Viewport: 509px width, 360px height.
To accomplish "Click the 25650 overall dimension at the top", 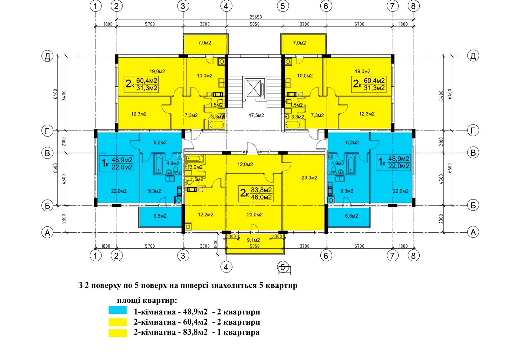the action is point(256,17).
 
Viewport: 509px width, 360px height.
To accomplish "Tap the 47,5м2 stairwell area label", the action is point(256,115).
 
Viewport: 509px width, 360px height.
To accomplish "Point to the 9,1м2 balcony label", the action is point(253,240).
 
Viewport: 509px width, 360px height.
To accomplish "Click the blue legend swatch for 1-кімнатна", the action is point(117,310).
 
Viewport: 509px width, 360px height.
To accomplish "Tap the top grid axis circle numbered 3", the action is point(183,6).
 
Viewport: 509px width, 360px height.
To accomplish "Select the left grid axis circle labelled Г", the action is point(47,131).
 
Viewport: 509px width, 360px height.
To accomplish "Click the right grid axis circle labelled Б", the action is point(473,205).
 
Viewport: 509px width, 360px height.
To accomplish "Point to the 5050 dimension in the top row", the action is point(254,24).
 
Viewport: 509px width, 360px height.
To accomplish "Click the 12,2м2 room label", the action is point(206,215).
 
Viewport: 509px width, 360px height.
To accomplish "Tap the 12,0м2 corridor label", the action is point(245,164).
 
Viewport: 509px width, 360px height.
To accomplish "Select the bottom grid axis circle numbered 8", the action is point(413,256).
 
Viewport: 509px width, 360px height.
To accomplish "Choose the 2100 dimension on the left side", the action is point(64,142).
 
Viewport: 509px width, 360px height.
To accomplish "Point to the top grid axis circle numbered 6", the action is point(326,6).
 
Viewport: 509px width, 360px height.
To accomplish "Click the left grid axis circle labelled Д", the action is point(47,56).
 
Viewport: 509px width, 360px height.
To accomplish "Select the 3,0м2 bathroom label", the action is point(196,167).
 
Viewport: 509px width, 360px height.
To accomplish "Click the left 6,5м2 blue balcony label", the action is point(160,216).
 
